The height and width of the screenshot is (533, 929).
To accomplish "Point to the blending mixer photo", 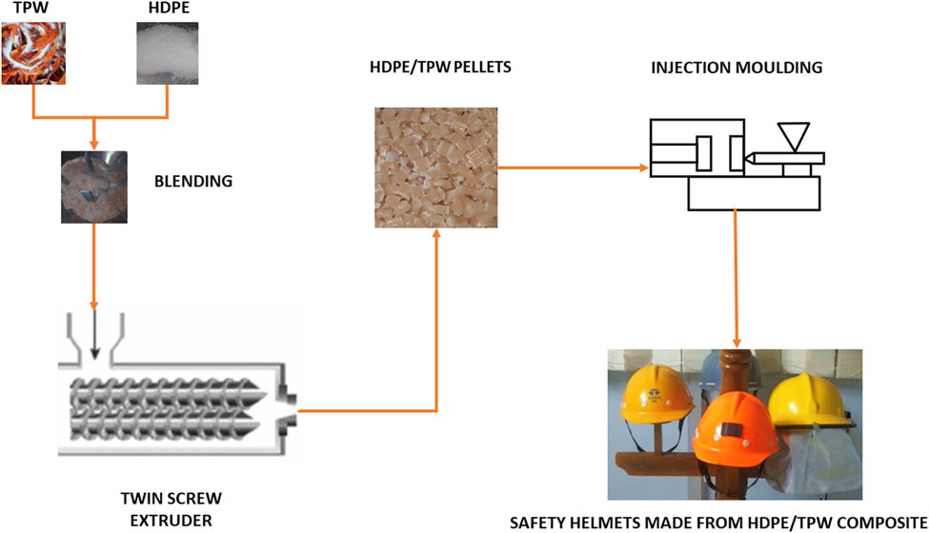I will click(94, 186).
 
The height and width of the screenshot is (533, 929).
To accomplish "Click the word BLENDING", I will click(193, 180).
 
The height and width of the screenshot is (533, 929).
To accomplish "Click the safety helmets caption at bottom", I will click(718, 523).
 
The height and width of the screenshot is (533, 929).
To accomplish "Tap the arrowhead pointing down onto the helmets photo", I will click(736, 341).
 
